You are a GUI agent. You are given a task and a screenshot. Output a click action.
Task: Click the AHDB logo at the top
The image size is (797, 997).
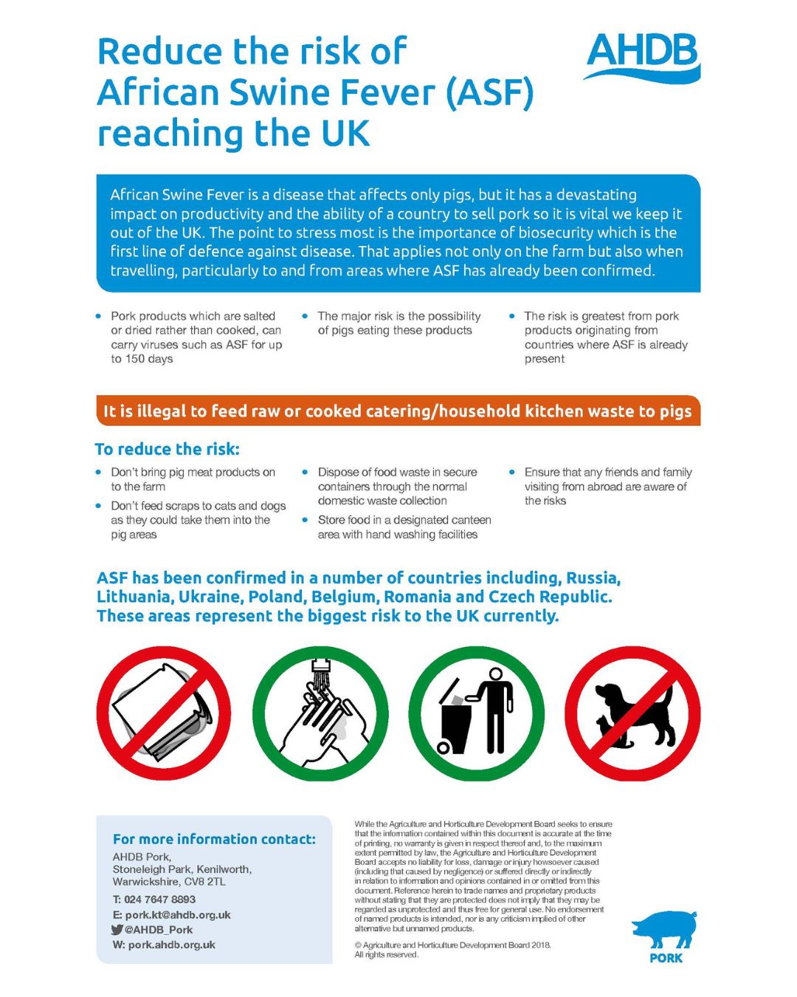[641, 55]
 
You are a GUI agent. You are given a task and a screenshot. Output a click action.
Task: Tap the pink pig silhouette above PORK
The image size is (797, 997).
[664, 930]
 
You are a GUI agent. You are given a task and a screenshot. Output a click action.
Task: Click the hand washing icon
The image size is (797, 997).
[320, 713]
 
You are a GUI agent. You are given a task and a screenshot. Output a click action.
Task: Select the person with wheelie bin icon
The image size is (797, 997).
[476, 713]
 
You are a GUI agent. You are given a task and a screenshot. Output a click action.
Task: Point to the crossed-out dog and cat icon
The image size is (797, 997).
[632, 713]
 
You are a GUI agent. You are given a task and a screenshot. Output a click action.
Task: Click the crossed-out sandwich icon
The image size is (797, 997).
[164, 713]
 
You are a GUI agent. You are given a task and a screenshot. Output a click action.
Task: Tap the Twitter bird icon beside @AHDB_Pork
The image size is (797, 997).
[117, 930]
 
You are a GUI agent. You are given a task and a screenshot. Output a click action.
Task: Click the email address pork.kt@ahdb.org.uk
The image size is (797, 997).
[178, 915]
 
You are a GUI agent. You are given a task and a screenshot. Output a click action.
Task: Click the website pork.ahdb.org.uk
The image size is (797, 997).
[171, 945]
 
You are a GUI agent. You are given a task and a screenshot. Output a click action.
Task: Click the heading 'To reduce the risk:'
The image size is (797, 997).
[168, 449]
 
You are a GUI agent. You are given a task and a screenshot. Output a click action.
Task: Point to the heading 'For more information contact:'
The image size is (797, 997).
[214, 839]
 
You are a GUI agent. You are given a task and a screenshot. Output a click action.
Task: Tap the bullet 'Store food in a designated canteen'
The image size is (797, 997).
[404, 520]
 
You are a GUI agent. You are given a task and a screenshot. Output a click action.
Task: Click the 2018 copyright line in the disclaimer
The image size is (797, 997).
[452, 945]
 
